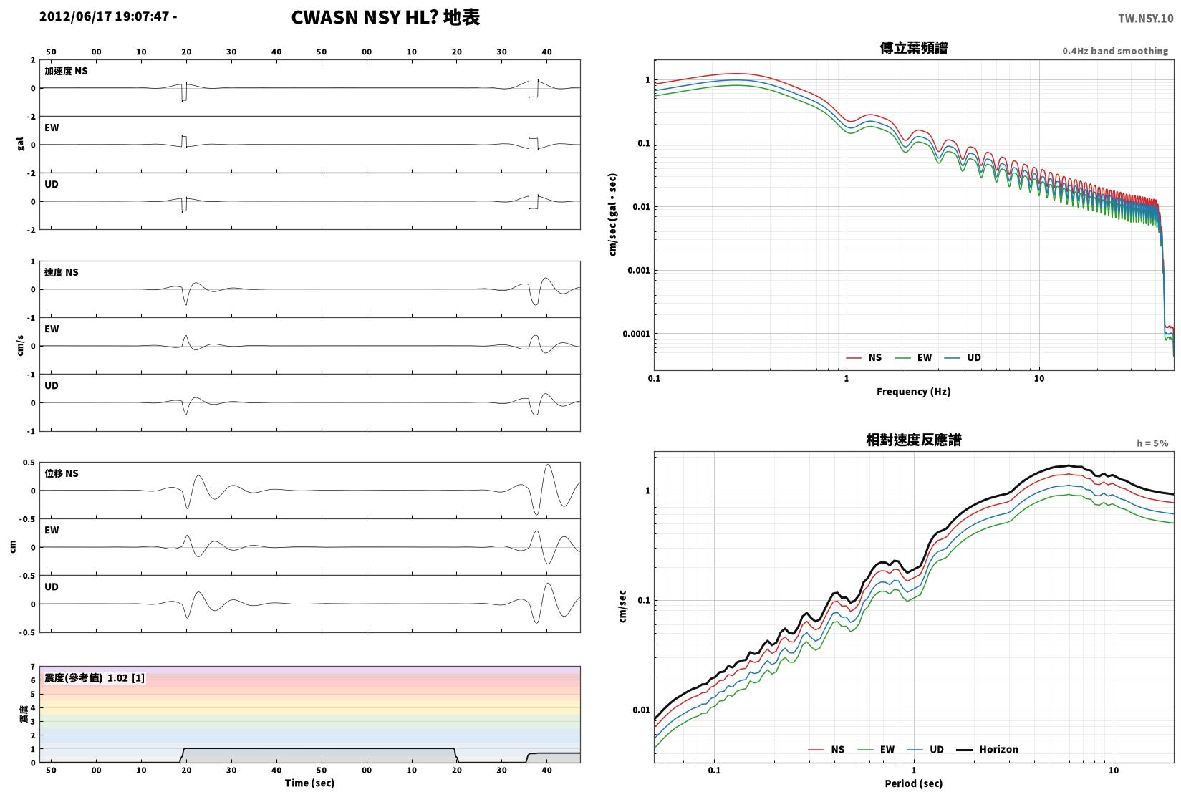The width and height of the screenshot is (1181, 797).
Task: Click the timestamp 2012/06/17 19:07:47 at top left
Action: (x=105, y=16)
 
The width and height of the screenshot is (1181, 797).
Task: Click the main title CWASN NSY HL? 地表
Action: (x=385, y=17)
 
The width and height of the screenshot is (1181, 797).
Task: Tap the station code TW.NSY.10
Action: (x=1146, y=19)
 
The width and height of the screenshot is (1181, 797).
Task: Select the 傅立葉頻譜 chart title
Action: (x=914, y=48)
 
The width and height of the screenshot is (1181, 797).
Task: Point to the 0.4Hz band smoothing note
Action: (x=1115, y=51)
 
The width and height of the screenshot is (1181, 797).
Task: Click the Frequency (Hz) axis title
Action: (x=913, y=392)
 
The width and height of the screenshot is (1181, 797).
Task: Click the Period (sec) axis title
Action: (x=913, y=784)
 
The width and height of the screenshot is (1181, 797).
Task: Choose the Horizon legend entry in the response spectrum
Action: (x=987, y=750)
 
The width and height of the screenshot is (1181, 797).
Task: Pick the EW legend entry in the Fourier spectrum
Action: (x=913, y=357)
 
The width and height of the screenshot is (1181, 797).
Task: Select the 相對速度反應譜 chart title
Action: (x=914, y=440)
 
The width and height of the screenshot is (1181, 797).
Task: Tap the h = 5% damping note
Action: (x=1152, y=443)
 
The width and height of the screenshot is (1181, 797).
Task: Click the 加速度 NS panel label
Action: (x=66, y=71)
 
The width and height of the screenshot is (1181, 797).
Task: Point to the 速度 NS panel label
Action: (x=61, y=273)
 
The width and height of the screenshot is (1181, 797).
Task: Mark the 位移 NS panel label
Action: (x=61, y=473)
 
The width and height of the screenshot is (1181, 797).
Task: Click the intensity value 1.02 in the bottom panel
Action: (x=117, y=678)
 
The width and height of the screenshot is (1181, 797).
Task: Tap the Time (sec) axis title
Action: (x=309, y=783)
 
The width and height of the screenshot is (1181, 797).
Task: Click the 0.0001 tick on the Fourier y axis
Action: (x=636, y=334)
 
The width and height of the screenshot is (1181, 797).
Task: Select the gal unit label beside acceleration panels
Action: (x=20, y=145)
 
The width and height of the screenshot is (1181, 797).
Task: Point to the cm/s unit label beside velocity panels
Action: (x=20, y=346)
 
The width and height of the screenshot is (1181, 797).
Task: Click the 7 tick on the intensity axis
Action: (x=33, y=667)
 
